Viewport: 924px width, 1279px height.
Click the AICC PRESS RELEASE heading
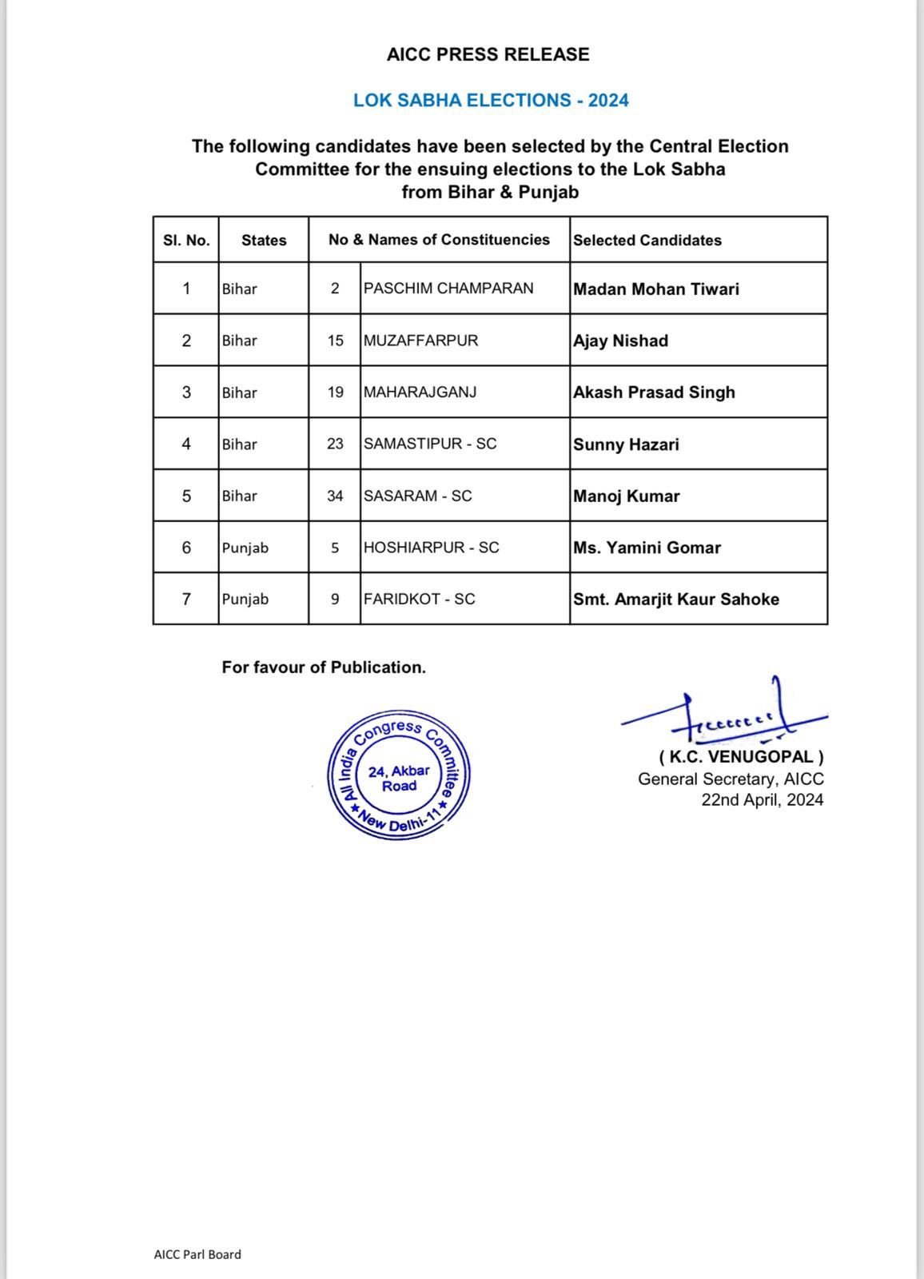point(488,54)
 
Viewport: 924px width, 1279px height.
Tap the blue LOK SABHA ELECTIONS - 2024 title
point(491,100)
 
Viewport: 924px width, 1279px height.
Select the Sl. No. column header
point(186,240)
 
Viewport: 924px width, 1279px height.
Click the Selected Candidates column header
point(647,240)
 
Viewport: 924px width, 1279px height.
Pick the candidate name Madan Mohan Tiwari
point(655,289)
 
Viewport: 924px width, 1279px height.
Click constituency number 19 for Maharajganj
point(335,392)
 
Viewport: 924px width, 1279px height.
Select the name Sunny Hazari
point(626,444)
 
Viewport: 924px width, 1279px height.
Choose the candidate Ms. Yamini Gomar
point(647,548)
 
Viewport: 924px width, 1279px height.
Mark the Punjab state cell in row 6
point(245,548)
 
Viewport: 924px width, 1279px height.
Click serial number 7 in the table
point(186,599)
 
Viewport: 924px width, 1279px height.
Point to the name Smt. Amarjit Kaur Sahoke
point(675,599)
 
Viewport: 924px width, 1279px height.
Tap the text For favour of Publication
point(324,667)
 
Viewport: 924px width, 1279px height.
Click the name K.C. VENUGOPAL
point(741,756)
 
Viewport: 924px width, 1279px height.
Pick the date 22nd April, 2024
point(762,800)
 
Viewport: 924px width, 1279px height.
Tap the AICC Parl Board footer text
point(197,1254)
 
